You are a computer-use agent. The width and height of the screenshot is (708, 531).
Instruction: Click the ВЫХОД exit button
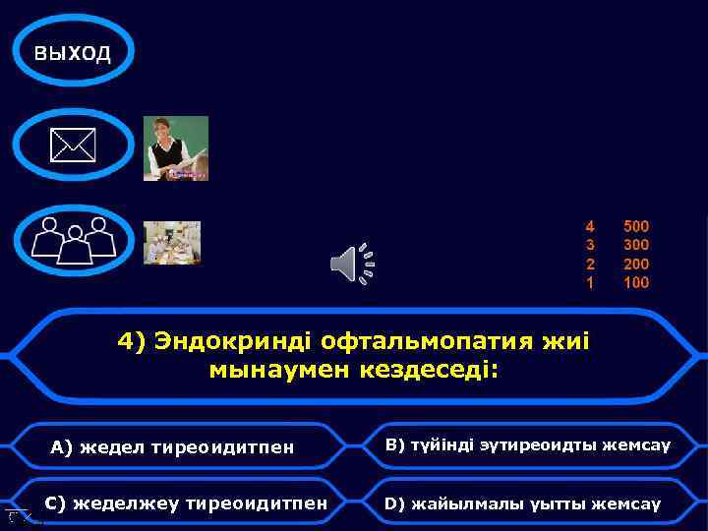(72, 52)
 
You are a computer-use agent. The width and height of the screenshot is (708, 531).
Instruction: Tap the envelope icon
(74, 147)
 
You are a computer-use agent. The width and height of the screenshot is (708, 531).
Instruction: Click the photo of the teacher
(176, 148)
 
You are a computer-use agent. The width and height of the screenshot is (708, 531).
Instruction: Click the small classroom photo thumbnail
(172, 243)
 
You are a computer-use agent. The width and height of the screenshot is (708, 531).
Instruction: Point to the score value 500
(636, 226)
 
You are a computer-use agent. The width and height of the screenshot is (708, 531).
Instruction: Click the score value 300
(636, 245)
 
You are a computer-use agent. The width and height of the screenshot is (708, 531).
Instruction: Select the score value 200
(636, 264)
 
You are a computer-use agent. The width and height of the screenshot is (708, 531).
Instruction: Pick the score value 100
(636, 282)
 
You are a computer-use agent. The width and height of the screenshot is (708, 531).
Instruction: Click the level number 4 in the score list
(590, 226)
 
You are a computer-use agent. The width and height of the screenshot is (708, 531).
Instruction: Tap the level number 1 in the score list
(590, 282)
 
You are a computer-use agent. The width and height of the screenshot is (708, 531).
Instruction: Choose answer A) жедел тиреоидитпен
(172, 448)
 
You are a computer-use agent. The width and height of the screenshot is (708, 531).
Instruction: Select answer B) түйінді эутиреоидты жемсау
(527, 445)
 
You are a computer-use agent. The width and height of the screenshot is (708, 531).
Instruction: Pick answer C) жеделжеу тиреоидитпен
(187, 503)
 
